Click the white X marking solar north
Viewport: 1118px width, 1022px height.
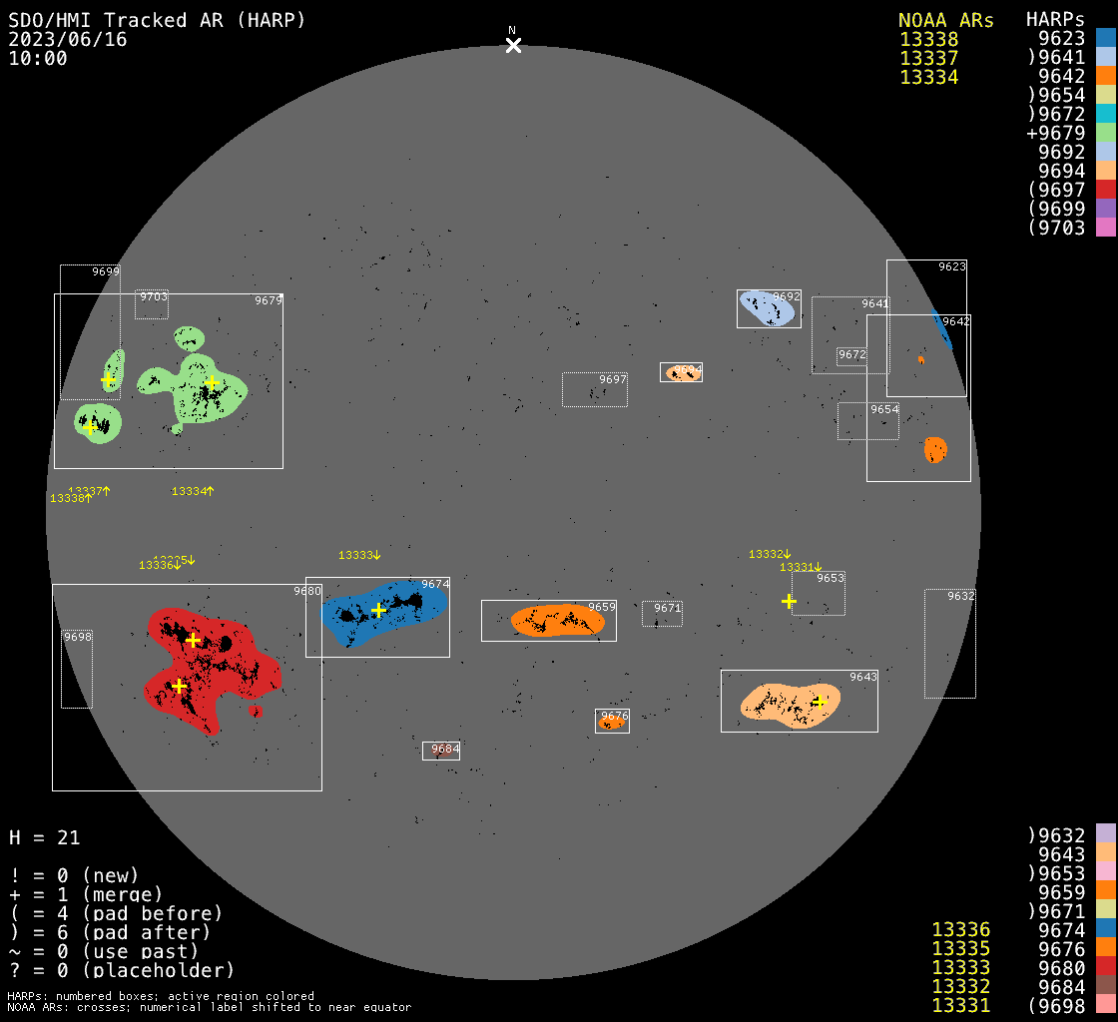513,45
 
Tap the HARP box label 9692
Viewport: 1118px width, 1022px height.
787,296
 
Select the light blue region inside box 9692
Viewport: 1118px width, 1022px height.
768,309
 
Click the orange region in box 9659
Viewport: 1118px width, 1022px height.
557,620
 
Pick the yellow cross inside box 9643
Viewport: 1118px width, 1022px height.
820,702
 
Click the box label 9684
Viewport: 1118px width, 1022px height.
445,749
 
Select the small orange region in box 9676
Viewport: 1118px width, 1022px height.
611,723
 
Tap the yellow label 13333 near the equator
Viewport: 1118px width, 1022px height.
356,555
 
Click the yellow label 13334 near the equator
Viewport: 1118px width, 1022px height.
190,491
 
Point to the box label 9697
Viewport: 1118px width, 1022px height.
613,379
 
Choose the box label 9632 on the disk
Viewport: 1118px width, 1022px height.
961,596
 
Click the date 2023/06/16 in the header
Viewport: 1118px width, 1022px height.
68,40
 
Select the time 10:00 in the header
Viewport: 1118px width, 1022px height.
38,59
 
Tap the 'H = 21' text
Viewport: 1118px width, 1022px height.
45,837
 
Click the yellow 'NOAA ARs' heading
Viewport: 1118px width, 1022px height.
945,21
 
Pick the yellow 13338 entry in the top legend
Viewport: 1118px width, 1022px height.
928,40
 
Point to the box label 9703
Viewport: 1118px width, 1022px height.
154,296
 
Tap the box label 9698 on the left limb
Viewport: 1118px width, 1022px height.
78,637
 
